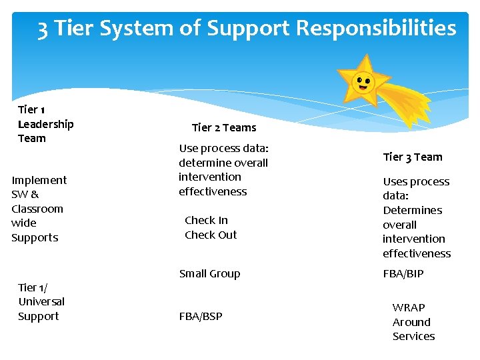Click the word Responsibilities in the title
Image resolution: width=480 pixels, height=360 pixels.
pos(376,28)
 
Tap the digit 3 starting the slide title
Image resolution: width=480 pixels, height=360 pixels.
pos(43,29)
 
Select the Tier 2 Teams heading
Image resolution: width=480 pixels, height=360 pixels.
pos(223,127)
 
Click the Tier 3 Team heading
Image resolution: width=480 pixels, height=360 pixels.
pos(412,157)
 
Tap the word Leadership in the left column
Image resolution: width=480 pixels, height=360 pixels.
pos(45,124)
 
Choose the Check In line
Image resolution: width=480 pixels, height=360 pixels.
pos(206,220)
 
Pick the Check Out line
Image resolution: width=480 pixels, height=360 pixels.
pos(211,235)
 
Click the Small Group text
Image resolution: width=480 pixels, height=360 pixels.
pos(209,273)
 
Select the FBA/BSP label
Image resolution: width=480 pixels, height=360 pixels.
pos(201,316)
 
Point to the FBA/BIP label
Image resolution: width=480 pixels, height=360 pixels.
pos(403,273)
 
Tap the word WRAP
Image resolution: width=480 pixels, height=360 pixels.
pos(409,307)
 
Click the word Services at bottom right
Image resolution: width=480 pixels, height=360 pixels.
pos(413,336)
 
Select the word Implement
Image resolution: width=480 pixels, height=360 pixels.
pos(39,180)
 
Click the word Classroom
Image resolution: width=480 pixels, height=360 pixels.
pos(37,209)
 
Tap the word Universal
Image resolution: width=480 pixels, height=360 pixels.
pos(41,301)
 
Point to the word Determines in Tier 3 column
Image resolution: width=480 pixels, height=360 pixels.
pos(412,210)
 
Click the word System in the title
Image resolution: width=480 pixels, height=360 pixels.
pos(129,29)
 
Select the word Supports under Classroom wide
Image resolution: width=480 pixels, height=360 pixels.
pos(35,237)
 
